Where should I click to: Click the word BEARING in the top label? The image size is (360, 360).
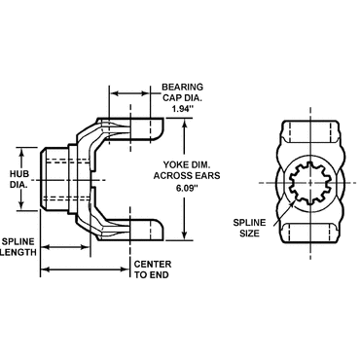[182, 85]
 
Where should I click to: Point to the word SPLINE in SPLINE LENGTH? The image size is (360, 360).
[20, 239]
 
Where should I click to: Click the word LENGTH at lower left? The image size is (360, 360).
[20, 251]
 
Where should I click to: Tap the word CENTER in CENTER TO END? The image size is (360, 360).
[153, 264]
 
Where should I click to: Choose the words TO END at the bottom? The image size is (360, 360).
[153, 275]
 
